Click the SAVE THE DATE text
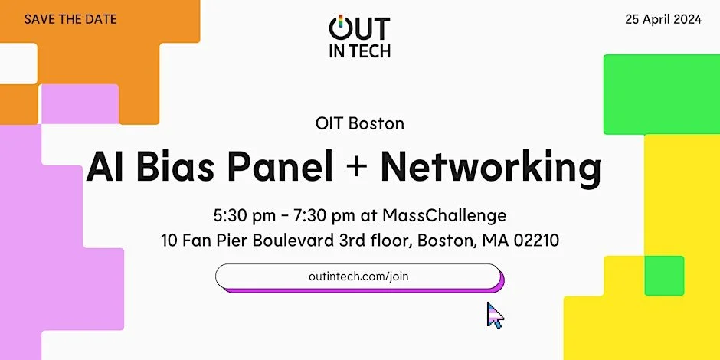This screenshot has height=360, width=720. coord(70,18)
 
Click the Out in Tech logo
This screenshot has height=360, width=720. coord(359,37)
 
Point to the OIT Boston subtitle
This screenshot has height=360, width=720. coord(359,123)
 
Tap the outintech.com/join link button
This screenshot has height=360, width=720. coord(358,277)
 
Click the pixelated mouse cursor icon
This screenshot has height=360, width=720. coord(495,315)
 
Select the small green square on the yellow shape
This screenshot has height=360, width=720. coord(663,276)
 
